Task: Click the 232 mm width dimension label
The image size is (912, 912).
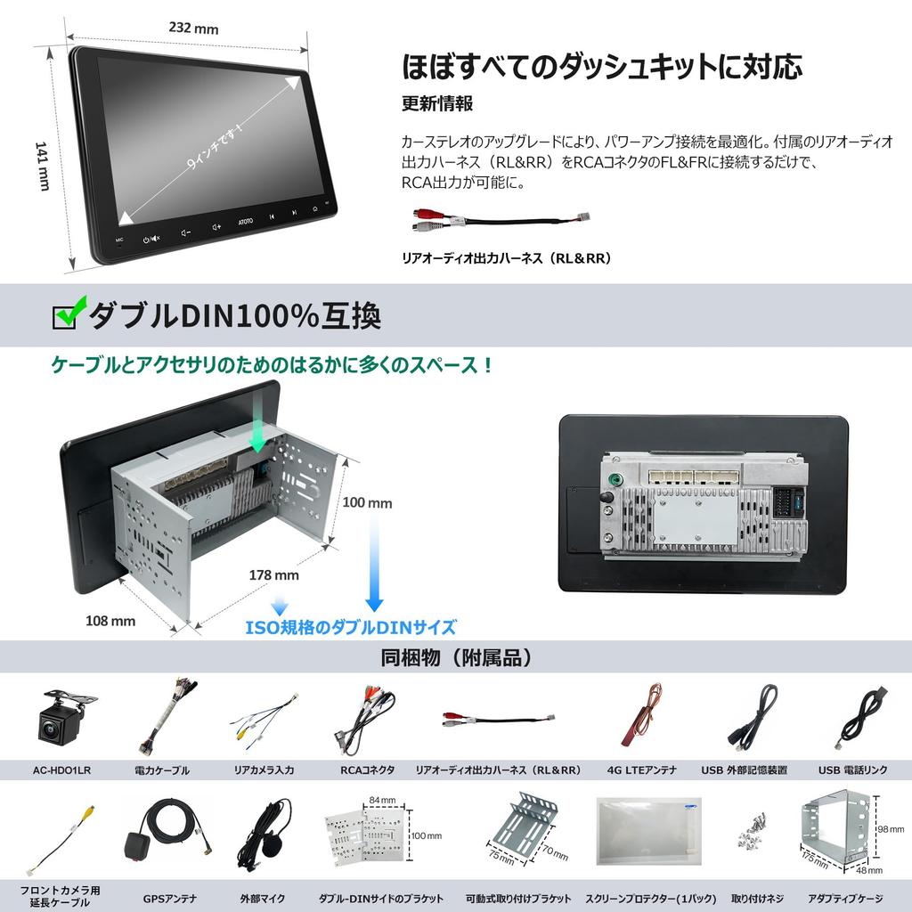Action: tap(193, 28)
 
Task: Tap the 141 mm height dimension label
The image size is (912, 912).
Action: tap(42, 166)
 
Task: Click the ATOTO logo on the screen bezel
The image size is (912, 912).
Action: tap(246, 222)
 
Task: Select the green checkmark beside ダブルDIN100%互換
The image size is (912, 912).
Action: tap(69, 311)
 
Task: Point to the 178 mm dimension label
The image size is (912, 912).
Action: tap(274, 574)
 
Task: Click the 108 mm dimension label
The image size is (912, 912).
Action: tap(110, 621)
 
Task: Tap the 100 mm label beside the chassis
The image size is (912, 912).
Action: tap(367, 502)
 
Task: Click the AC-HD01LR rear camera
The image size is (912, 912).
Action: tap(65, 718)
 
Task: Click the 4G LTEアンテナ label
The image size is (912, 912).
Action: tap(641, 770)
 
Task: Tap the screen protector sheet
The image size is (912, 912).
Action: tap(648, 831)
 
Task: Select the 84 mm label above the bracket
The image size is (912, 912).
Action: tap(382, 801)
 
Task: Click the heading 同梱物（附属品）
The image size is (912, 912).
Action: tap(457, 658)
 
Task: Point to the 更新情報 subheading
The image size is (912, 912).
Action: tap(436, 103)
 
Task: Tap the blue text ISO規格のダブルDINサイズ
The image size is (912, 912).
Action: tap(351, 627)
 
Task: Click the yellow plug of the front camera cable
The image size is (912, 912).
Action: tap(89, 810)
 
